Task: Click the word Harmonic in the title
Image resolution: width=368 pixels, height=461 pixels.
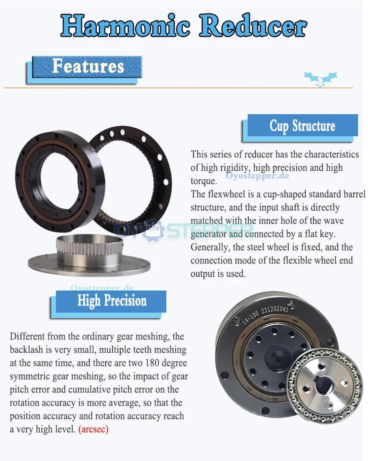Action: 125,25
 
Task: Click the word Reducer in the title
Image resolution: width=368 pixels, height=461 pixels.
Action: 253,25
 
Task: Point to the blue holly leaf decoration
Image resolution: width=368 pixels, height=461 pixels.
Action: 320,79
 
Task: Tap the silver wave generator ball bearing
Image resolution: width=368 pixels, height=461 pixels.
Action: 325,385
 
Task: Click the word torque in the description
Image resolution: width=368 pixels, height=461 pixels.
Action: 203,181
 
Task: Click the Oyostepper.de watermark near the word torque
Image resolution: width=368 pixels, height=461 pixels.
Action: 257,176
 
